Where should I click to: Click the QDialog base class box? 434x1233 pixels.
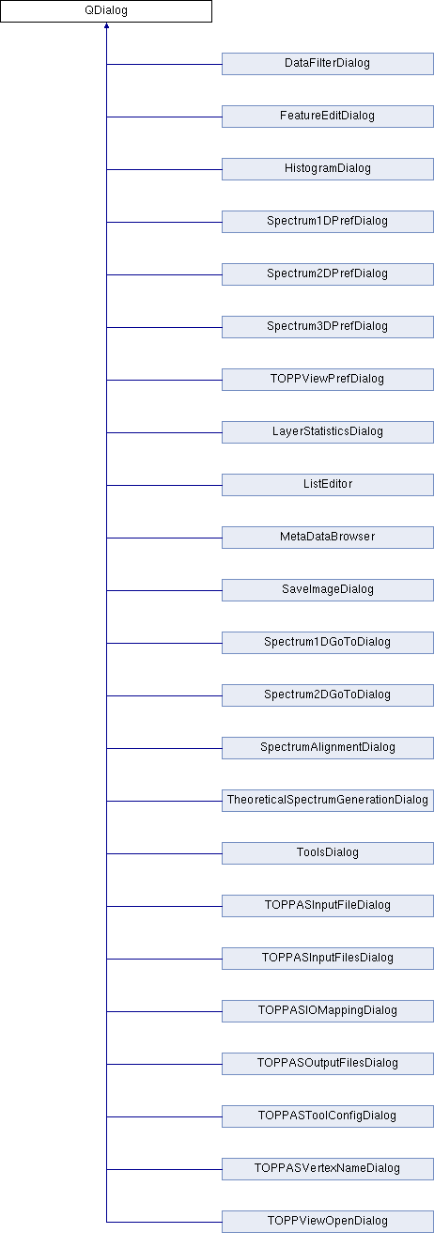106,11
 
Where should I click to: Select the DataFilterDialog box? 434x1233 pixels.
328,64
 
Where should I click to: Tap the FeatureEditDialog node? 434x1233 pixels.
328,117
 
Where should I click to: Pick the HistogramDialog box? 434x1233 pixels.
328,169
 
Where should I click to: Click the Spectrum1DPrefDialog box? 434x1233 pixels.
328,222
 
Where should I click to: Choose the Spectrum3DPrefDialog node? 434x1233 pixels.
328,327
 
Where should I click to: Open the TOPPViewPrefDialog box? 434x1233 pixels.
328,380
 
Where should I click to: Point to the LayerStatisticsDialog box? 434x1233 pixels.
328,432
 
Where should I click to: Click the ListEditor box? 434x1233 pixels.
328,485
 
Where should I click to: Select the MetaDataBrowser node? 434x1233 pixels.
328,538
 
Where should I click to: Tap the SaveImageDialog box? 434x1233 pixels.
328,590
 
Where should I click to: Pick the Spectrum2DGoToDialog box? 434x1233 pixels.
328,695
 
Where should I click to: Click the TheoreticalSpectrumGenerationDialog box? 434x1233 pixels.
328,801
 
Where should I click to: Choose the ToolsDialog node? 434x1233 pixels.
328,853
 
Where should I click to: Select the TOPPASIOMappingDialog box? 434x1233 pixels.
328,1011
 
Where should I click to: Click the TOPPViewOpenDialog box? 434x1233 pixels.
328,1222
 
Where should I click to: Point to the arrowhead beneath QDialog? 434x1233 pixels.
107,25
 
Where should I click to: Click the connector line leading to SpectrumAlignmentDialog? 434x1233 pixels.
164,748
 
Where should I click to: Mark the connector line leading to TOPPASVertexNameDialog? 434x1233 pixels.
164,1169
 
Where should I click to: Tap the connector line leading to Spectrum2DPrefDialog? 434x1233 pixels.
164,274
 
